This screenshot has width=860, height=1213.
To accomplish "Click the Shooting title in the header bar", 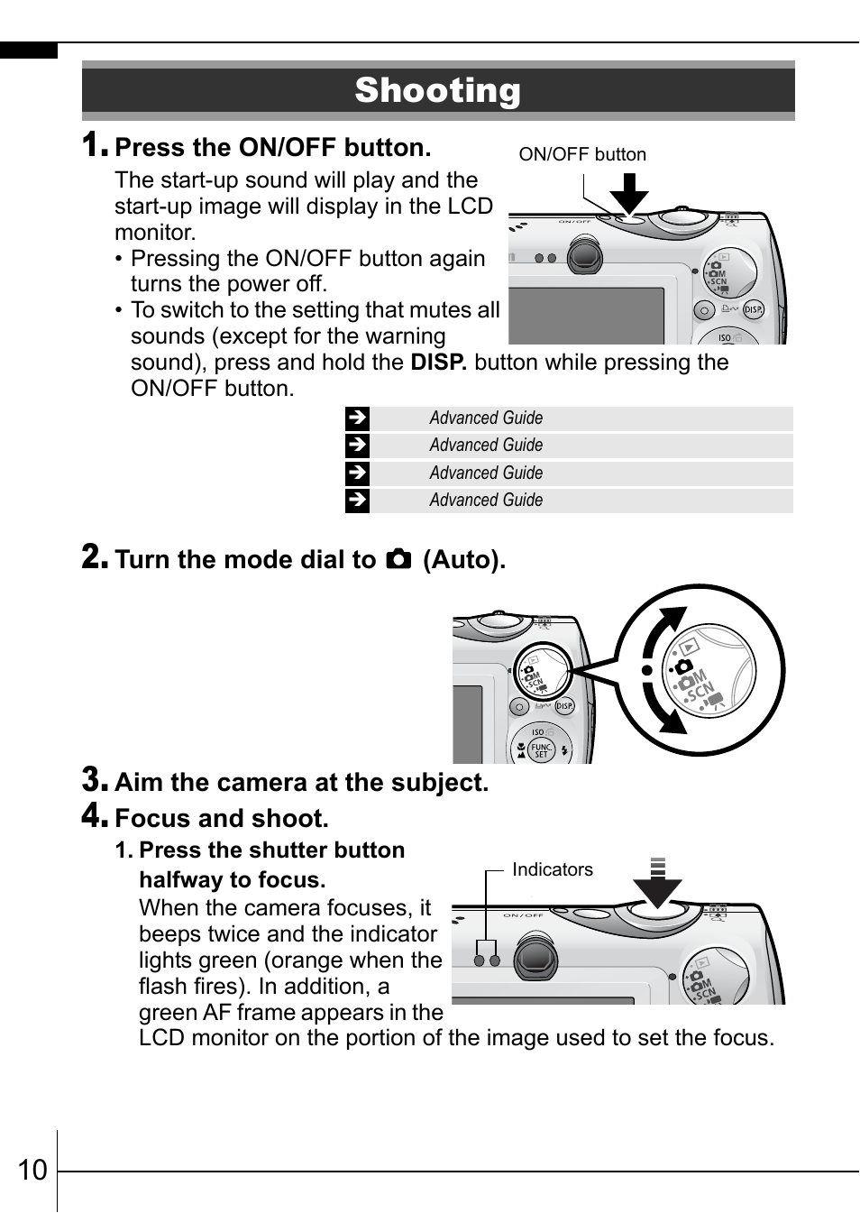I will [437, 90].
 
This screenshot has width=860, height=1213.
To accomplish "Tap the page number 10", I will [32, 1170].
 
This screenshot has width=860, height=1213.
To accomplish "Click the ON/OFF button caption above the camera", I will [582, 154].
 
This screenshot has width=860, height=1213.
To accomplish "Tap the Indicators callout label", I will [553, 869].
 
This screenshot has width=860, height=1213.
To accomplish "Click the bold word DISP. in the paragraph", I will [438, 363].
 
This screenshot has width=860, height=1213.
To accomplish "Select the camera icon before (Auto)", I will [398, 559].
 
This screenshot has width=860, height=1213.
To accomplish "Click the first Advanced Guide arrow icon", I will [357, 418].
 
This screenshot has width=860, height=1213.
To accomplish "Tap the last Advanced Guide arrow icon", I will [357, 501].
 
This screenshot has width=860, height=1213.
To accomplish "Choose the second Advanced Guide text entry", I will [486, 446].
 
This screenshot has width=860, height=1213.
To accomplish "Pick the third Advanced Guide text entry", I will [486, 473].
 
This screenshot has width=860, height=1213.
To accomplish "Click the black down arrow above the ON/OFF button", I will [629, 191].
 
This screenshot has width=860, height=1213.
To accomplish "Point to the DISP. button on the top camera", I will [753, 309].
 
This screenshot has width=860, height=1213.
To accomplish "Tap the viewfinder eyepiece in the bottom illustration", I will [535, 958].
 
